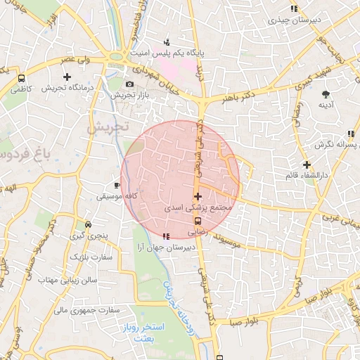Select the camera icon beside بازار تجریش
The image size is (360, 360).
[x=129, y=84]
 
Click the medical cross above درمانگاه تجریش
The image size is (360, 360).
[x=67, y=77]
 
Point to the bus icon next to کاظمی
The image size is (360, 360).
[x=22, y=79]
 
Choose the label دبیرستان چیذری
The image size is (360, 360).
[x=294, y=20]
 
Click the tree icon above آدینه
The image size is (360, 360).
[x=326, y=94]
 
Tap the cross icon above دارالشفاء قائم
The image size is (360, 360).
[x=307, y=165]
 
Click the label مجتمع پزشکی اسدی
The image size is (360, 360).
[x=198, y=209]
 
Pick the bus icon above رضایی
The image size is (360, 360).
[x=197, y=220]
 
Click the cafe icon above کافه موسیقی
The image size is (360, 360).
[x=117, y=186]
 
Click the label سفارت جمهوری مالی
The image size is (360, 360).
[x=82, y=309]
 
